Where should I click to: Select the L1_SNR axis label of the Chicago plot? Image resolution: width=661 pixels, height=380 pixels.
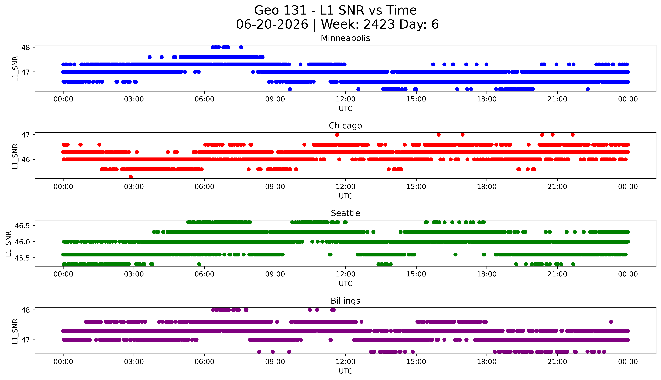[15, 156]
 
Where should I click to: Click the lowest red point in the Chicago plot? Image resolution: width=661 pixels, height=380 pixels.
[131, 177]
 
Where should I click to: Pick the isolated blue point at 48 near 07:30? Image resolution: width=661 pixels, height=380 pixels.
[241, 47]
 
